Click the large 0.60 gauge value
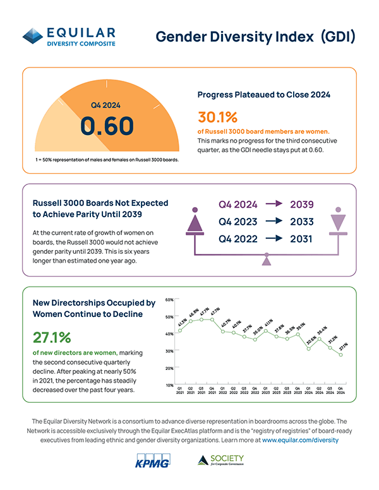[107, 125]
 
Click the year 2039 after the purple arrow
[302, 205]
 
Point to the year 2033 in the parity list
[302, 222]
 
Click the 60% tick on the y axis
[169, 299]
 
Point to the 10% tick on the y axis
[169, 385]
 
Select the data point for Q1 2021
[180, 331]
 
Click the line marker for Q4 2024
[340, 355]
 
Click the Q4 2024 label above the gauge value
[105, 105]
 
